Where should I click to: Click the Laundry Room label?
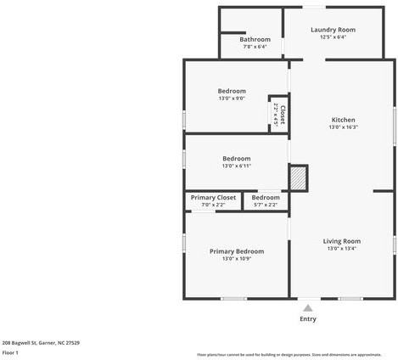click(x=333, y=30)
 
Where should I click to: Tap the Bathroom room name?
click(x=255, y=39)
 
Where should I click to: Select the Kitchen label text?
click(x=343, y=120)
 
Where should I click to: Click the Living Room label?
click(x=342, y=241)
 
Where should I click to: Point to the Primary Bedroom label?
click(x=237, y=251)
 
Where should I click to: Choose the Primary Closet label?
click(x=213, y=197)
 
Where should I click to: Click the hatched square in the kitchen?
click(x=299, y=177)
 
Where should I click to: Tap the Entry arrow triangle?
click(x=308, y=307)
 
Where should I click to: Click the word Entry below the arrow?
click(x=308, y=319)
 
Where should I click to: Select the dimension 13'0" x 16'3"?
click(x=343, y=127)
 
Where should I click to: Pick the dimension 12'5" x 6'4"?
click(x=333, y=37)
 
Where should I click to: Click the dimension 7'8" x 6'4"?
click(x=255, y=47)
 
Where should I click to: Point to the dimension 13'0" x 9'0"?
click(x=232, y=98)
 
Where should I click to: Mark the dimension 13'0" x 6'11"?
click(x=237, y=166)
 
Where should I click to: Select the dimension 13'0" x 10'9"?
click(x=237, y=259)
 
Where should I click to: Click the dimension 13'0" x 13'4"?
click(x=342, y=249)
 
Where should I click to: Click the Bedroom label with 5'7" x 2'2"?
click(x=266, y=197)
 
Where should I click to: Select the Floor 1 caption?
click(x=10, y=352)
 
